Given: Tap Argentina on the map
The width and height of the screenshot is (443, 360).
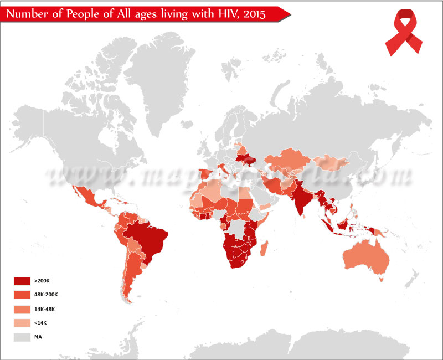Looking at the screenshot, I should [x=131, y=277].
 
